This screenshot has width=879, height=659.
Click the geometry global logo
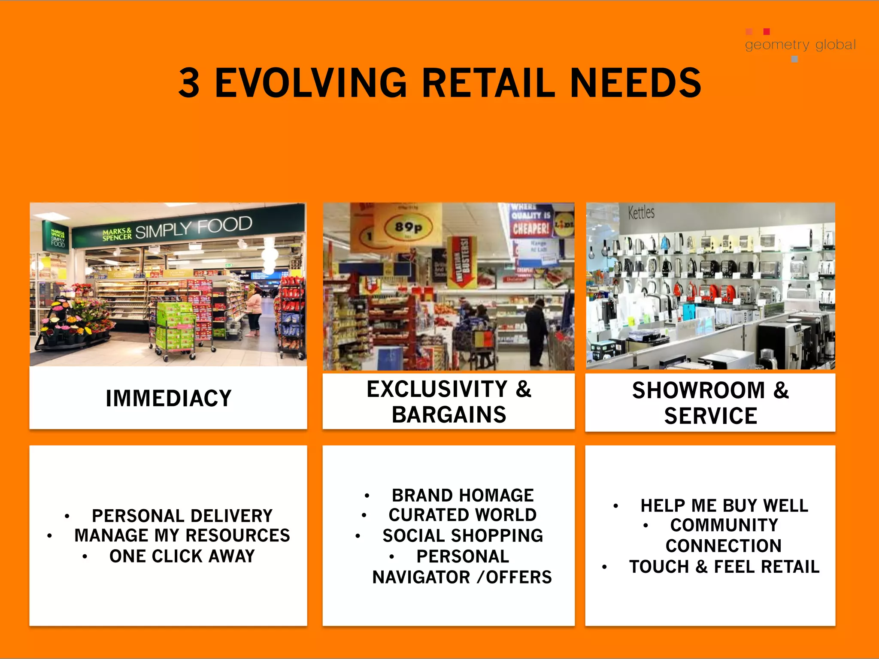[x=800, y=45]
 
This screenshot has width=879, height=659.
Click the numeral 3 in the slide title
[x=189, y=83]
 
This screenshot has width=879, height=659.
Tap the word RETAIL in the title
[x=488, y=83]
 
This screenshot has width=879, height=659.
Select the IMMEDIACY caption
[x=169, y=398]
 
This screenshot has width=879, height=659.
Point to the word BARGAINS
[x=449, y=415]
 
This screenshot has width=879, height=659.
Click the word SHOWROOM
[x=698, y=390]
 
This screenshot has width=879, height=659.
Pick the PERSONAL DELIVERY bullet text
[x=182, y=516]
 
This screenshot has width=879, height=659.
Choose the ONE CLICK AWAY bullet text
[x=182, y=556]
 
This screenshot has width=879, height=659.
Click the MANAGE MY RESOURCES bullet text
[x=182, y=535]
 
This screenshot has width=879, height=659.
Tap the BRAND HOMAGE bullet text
[x=463, y=496]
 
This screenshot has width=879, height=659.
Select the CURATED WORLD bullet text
[x=463, y=515]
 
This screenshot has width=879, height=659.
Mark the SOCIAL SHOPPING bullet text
[x=463, y=535]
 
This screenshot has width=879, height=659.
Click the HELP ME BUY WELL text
[x=724, y=505]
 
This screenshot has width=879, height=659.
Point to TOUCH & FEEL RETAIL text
[x=724, y=567]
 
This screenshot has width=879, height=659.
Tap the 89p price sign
[x=408, y=227]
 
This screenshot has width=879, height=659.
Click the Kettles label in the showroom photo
[x=641, y=212]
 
